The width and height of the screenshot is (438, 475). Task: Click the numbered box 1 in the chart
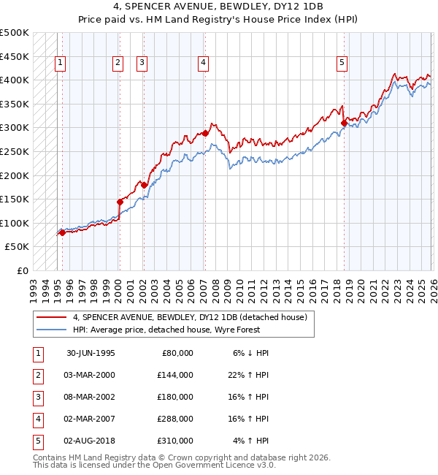[x=59, y=64]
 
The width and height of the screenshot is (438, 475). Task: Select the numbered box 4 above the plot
[x=202, y=64]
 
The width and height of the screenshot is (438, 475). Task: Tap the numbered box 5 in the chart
[x=342, y=64]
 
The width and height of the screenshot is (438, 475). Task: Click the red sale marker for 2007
[x=206, y=134]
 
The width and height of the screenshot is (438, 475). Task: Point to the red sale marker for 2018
[x=344, y=123]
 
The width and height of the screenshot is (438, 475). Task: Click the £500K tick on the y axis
[x=15, y=33]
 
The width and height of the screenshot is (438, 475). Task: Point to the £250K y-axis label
[x=15, y=151]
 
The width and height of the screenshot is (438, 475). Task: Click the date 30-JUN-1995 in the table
[x=91, y=353]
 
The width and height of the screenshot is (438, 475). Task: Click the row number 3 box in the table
[x=37, y=397]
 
